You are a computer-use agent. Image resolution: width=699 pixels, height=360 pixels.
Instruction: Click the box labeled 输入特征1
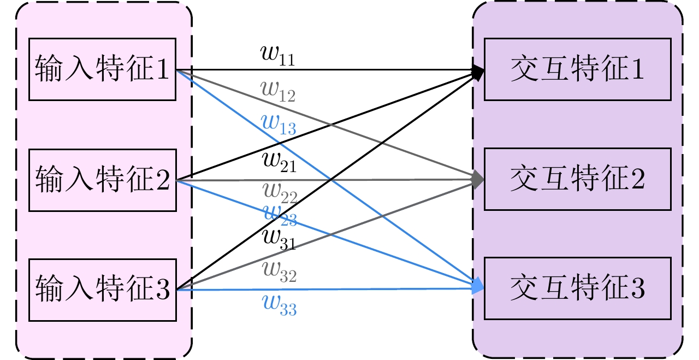click(x=102, y=69)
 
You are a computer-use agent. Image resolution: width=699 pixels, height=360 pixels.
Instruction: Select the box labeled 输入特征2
click(x=102, y=180)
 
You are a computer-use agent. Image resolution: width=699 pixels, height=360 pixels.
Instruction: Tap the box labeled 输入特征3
click(x=102, y=290)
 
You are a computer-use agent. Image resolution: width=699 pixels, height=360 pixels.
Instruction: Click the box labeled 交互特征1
click(x=577, y=69)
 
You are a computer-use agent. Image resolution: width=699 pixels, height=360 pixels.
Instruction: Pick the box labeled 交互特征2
click(x=577, y=179)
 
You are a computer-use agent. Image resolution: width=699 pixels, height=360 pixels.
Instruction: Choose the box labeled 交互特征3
click(x=577, y=289)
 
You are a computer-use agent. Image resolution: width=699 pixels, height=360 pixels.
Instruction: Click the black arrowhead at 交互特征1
click(x=478, y=72)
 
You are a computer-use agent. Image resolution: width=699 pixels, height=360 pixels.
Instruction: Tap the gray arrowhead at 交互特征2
click(x=478, y=179)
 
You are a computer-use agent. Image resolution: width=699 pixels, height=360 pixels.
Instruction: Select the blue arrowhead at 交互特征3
click(x=478, y=286)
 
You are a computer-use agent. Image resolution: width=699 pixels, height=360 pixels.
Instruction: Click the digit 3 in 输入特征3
click(x=163, y=290)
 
